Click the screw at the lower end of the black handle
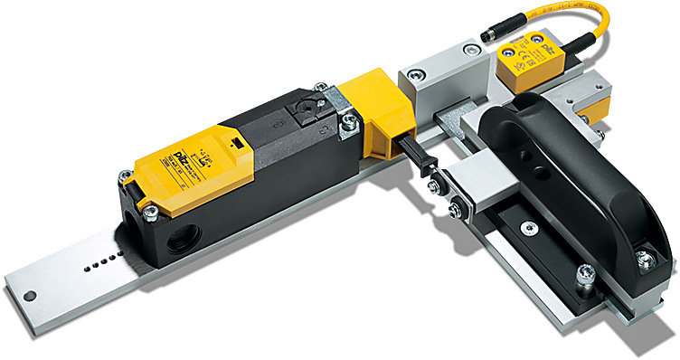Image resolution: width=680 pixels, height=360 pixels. tap(643, 261)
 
